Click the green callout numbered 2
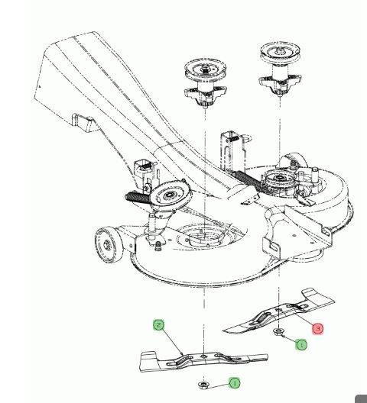click(158, 325)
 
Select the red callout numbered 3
click(318, 329)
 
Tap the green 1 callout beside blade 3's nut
click(302, 345)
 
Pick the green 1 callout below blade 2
click(234, 382)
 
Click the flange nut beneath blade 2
click(204, 384)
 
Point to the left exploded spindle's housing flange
click(204, 95)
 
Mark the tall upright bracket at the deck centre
click(231, 149)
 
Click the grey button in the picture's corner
click(362, 398)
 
